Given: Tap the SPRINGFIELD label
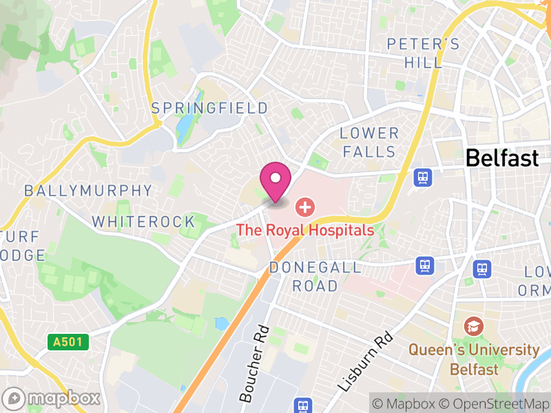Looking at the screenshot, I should pyautogui.click(x=209, y=108).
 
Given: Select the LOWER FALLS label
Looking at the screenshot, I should pyautogui.click(x=369, y=142).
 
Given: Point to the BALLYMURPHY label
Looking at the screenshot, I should pyautogui.click(x=87, y=191).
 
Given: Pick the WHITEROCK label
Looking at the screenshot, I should pyautogui.click(x=144, y=222).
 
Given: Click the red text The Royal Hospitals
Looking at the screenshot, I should pyautogui.click(x=305, y=230).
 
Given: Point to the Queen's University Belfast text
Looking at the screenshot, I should pyautogui.click(x=474, y=359).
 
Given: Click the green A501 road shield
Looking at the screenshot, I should pyautogui.click(x=69, y=341).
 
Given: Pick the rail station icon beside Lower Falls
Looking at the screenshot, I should pyautogui.click(x=423, y=178).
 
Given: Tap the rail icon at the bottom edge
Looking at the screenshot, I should pyautogui.click(x=301, y=405).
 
